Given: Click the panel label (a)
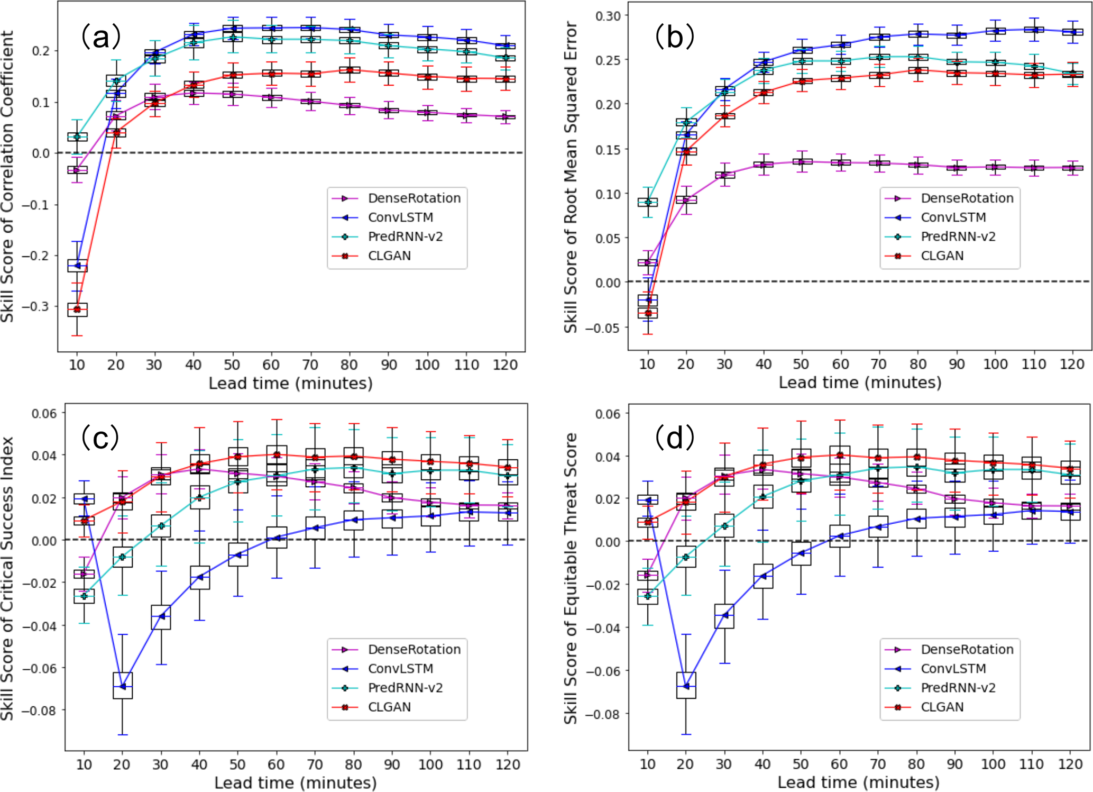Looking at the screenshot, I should (100, 37).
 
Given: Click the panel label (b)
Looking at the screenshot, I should (675, 37).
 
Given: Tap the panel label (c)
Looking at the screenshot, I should (100, 438).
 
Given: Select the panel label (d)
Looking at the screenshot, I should (675, 438).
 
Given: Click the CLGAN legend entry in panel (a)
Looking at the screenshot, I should (389, 256).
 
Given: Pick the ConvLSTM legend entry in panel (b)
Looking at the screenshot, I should (953, 217).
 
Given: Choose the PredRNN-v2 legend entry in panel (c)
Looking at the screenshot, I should (405, 688).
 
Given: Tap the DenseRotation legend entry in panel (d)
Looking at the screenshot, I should (967, 650).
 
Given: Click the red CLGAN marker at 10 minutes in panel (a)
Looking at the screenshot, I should (77, 309).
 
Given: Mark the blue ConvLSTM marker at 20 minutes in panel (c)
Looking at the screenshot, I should (123, 686).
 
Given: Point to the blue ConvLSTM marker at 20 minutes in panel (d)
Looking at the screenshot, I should (686, 686).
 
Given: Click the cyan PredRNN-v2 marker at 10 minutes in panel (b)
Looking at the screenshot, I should (648, 202).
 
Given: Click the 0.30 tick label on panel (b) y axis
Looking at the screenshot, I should (608, 16).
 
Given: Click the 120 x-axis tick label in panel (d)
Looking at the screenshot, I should (1070, 764).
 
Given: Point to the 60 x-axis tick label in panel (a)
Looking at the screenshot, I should (271, 365).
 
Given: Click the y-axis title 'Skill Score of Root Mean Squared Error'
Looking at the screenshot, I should (571, 177).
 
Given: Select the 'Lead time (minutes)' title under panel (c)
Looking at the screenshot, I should (295, 782).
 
